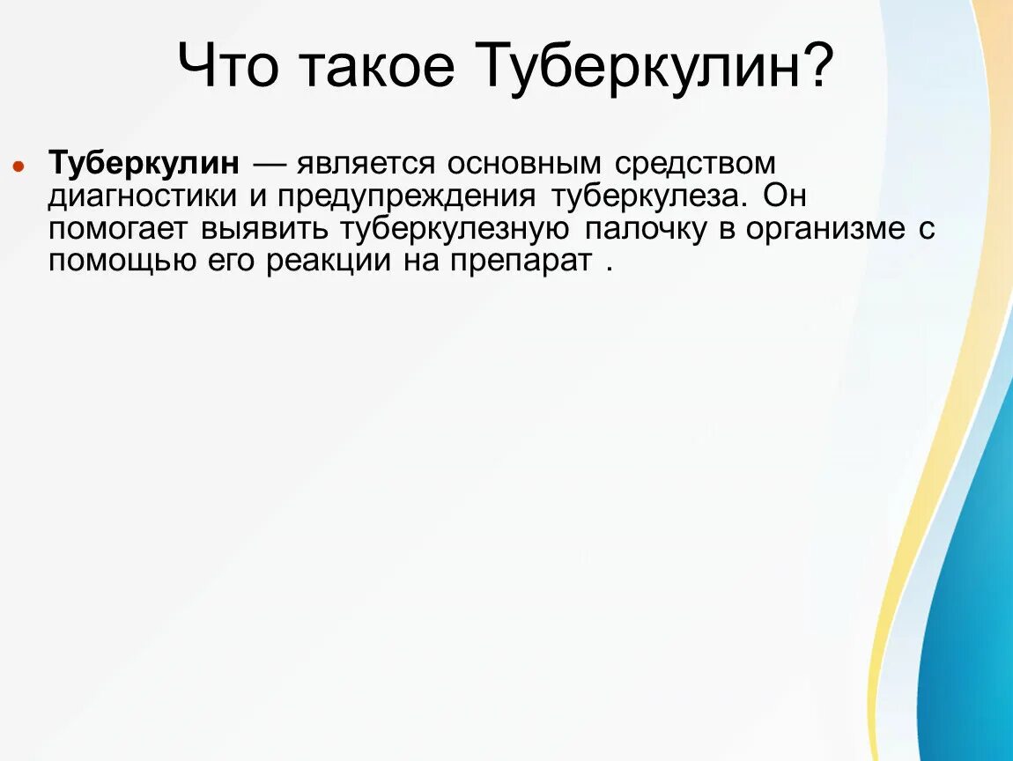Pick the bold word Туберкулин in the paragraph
[144, 164]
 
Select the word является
[370, 164]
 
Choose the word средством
[695, 164]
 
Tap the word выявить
[263, 229]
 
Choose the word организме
[825, 229]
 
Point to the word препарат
[525, 262]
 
